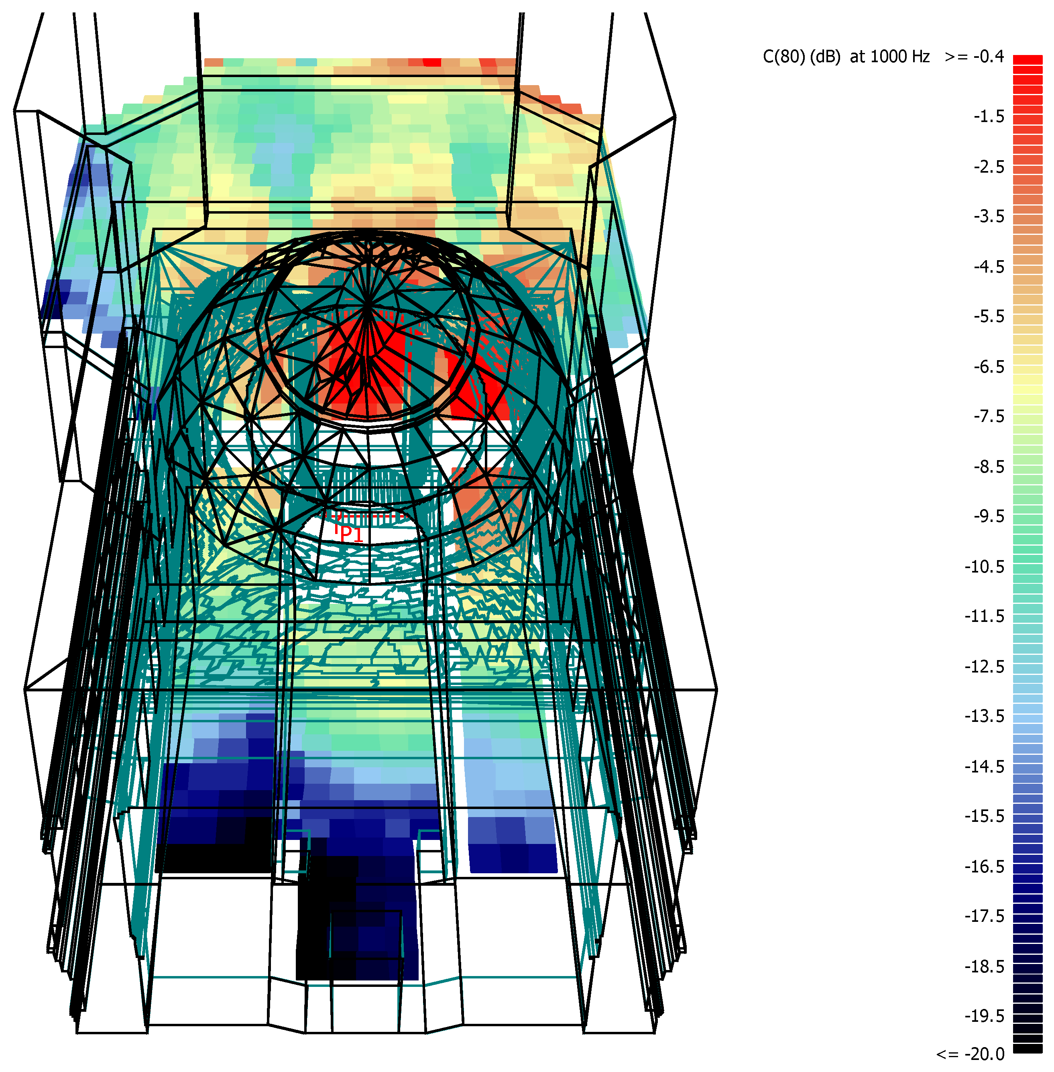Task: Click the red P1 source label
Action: pos(351,534)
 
